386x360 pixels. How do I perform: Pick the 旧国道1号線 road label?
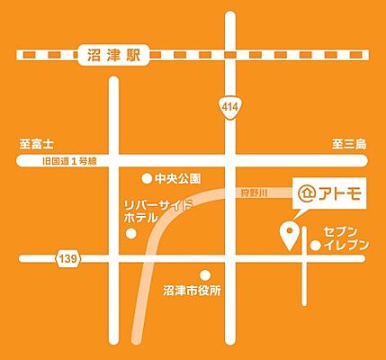pos(66,161)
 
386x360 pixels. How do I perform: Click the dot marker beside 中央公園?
pos(147,178)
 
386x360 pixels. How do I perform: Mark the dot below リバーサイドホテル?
pos(132,234)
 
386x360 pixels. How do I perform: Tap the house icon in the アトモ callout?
pos(308,193)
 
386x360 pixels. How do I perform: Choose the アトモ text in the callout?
pos(338,193)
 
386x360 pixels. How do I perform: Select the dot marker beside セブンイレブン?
pos(315,245)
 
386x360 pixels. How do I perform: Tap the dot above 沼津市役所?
pos(206,275)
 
